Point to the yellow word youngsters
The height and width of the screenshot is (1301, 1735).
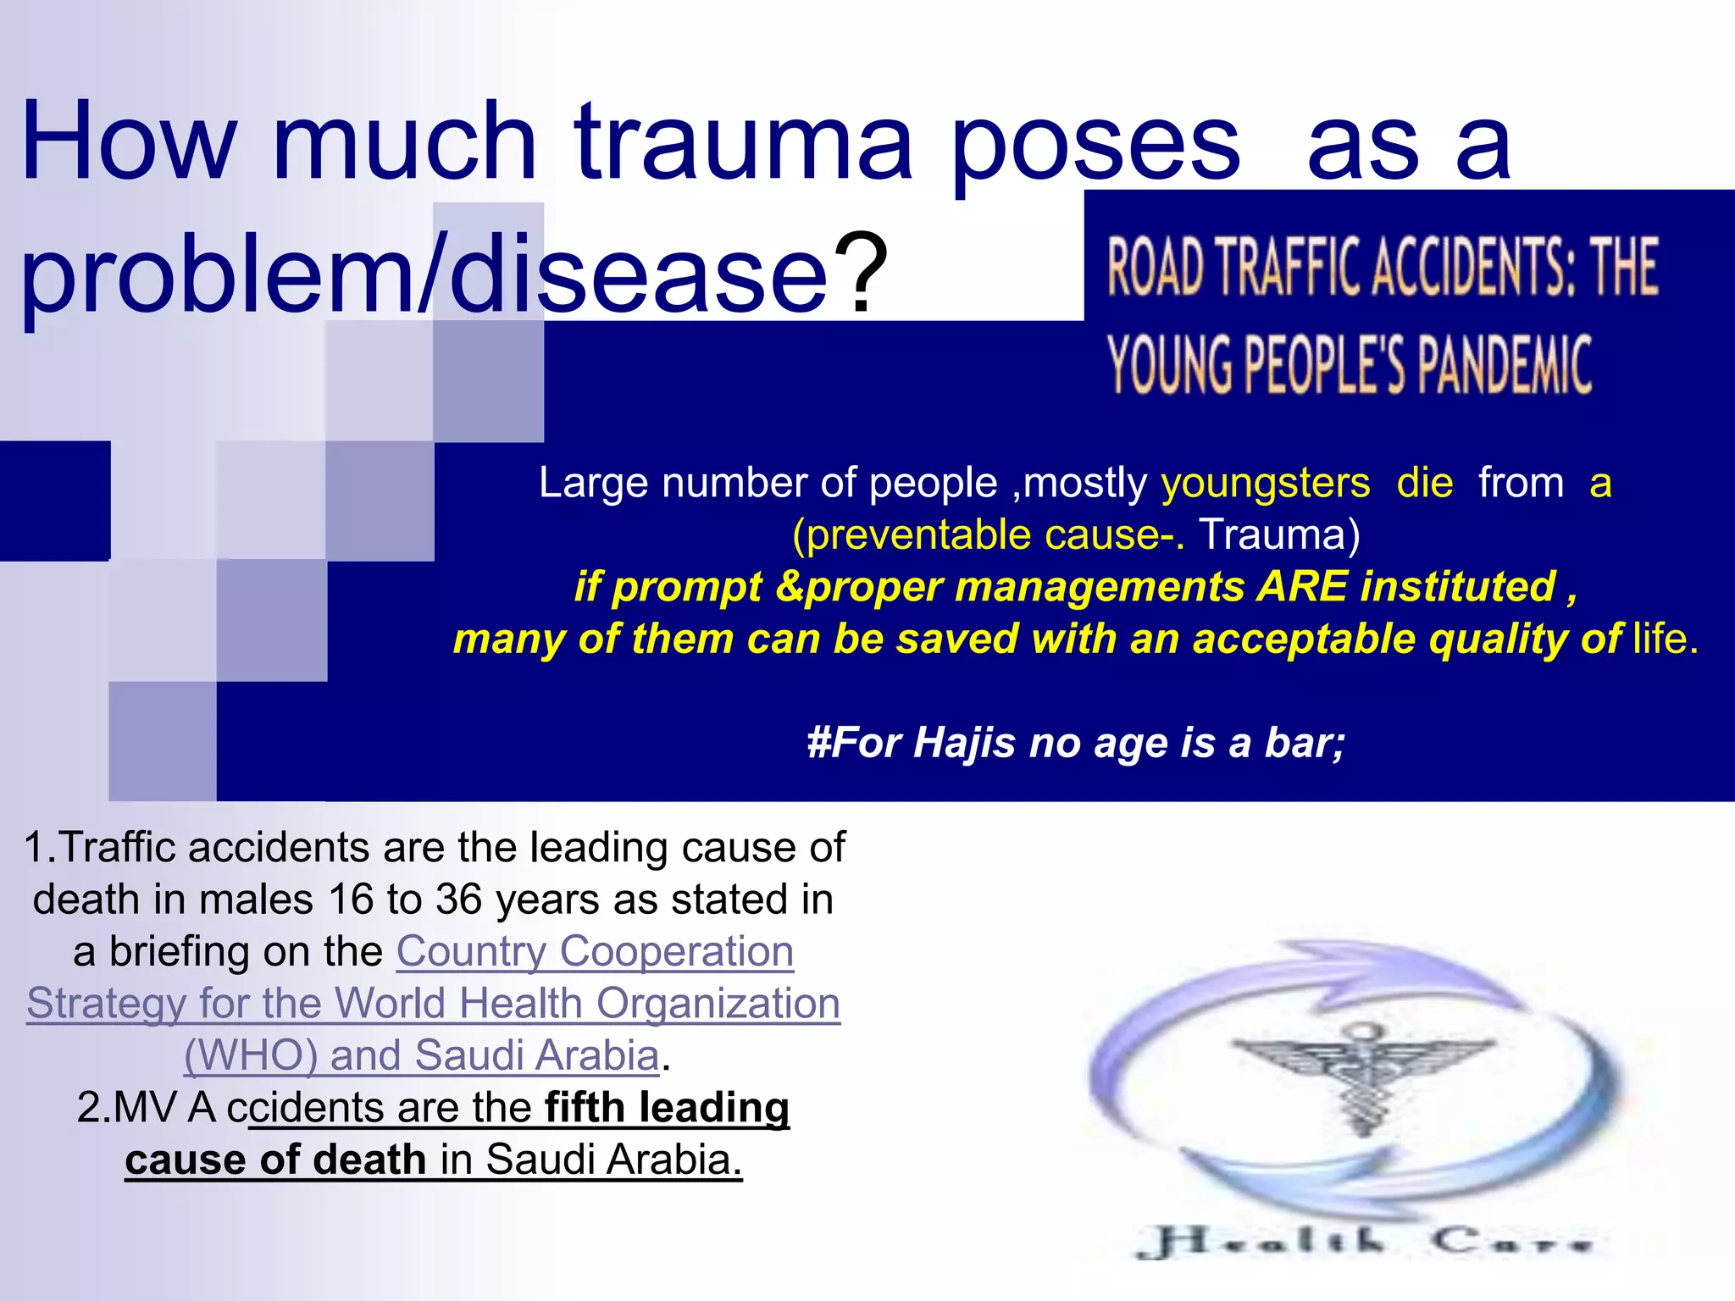(1265, 484)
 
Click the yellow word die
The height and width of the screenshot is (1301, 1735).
(1425, 484)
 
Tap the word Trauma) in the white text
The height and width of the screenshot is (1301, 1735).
(1279, 535)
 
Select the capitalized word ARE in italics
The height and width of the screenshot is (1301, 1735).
(1302, 587)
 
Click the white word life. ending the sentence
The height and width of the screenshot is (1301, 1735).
(1666, 639)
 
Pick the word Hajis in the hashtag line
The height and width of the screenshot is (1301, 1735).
(964, 743)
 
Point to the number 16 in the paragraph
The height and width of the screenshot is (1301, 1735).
(351, 900)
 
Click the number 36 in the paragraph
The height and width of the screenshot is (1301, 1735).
(459, 900)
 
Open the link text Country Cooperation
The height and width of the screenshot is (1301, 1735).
(595, 951)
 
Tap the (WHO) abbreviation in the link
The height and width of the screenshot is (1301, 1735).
(251, 1055)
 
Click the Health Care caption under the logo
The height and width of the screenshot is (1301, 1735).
(1364, 1242)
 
